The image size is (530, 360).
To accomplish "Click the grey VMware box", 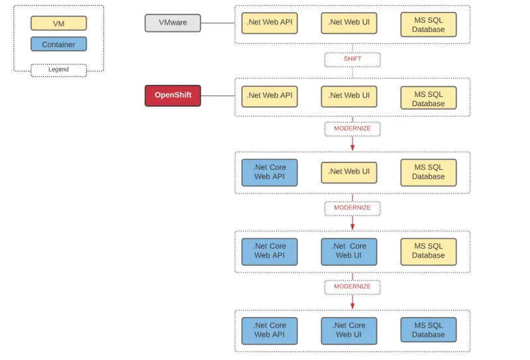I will click(x=172, y=23).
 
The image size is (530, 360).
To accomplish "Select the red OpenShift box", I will click(x=172, y=95).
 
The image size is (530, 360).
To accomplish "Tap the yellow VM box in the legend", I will click(x=58, y=23).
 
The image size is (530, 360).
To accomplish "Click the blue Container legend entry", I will click(x=58, y=44).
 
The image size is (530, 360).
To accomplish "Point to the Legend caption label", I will click(x=58, y=70).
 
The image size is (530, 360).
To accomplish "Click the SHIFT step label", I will click(x=352, y=59).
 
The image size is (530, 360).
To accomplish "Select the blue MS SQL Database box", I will click(x=428, y=330).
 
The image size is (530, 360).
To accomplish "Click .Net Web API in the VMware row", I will click(x=269, y=23).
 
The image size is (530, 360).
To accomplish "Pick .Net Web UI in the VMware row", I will click(x=348, y=23).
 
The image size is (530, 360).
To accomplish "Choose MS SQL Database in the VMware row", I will click(x=428, y=25).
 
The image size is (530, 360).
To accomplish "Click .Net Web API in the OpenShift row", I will click(x=269, y=96).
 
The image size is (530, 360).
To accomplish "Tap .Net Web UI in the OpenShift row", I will click(x=348, y=96).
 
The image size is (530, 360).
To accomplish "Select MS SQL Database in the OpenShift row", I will click(x=428, y=98).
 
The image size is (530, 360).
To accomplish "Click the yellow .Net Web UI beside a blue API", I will click(x=348, y=172).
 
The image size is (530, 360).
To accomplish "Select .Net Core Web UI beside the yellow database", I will click(x=348, y=251).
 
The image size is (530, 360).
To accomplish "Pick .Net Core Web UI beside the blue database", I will click(x=348, y=330).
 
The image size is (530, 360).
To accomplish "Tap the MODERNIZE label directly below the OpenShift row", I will click(x=352, y=129).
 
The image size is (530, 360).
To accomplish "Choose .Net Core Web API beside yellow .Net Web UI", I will click(x=269, y=172).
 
